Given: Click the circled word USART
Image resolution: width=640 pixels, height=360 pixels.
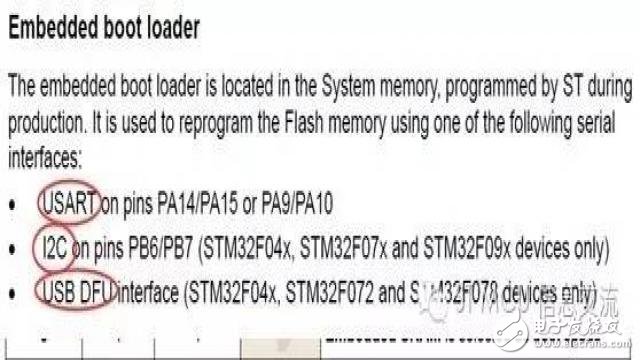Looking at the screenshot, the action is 68,204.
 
